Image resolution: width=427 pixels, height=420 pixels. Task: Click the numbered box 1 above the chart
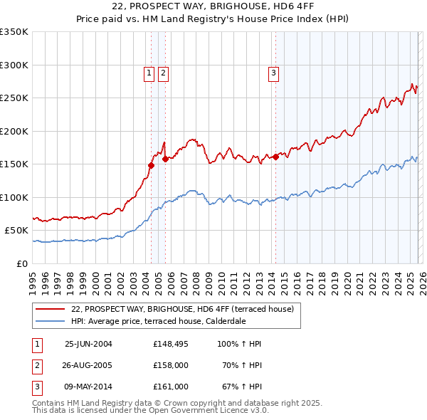click(x=149, y=72)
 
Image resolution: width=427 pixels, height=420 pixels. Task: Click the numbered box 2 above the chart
click(x=163, y=72)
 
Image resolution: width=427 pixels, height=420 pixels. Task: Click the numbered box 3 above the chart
click(x=273, y=72)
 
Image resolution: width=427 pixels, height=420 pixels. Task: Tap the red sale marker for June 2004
click(x=151, y=165)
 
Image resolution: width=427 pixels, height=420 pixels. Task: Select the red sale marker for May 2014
click(x=275, y=157)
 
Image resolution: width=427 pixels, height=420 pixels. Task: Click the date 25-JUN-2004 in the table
click(x=88, y=344)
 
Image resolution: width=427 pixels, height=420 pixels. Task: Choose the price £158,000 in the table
click(x=170, y=365)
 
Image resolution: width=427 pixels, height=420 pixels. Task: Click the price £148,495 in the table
click(x=170, y=344)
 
